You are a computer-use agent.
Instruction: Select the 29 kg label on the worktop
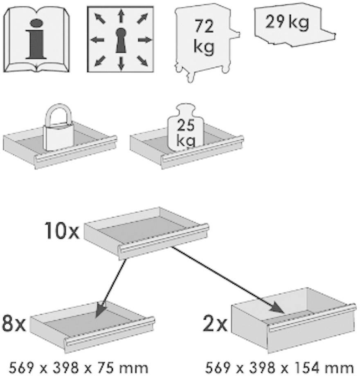287,22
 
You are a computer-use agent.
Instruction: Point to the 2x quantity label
215,324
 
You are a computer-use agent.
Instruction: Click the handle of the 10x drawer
164,238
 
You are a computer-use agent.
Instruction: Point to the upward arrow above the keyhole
121,16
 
